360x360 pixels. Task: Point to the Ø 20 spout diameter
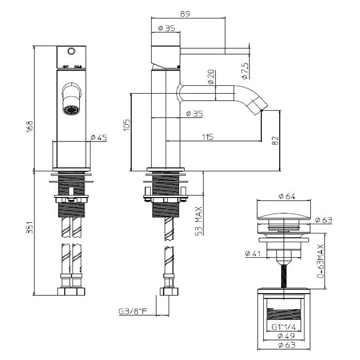[211, 77]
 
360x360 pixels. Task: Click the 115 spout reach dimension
[207, 137]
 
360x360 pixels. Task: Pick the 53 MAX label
[199, 220]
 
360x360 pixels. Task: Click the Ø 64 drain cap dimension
[286, 195]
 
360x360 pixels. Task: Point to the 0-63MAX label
[320, 262]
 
